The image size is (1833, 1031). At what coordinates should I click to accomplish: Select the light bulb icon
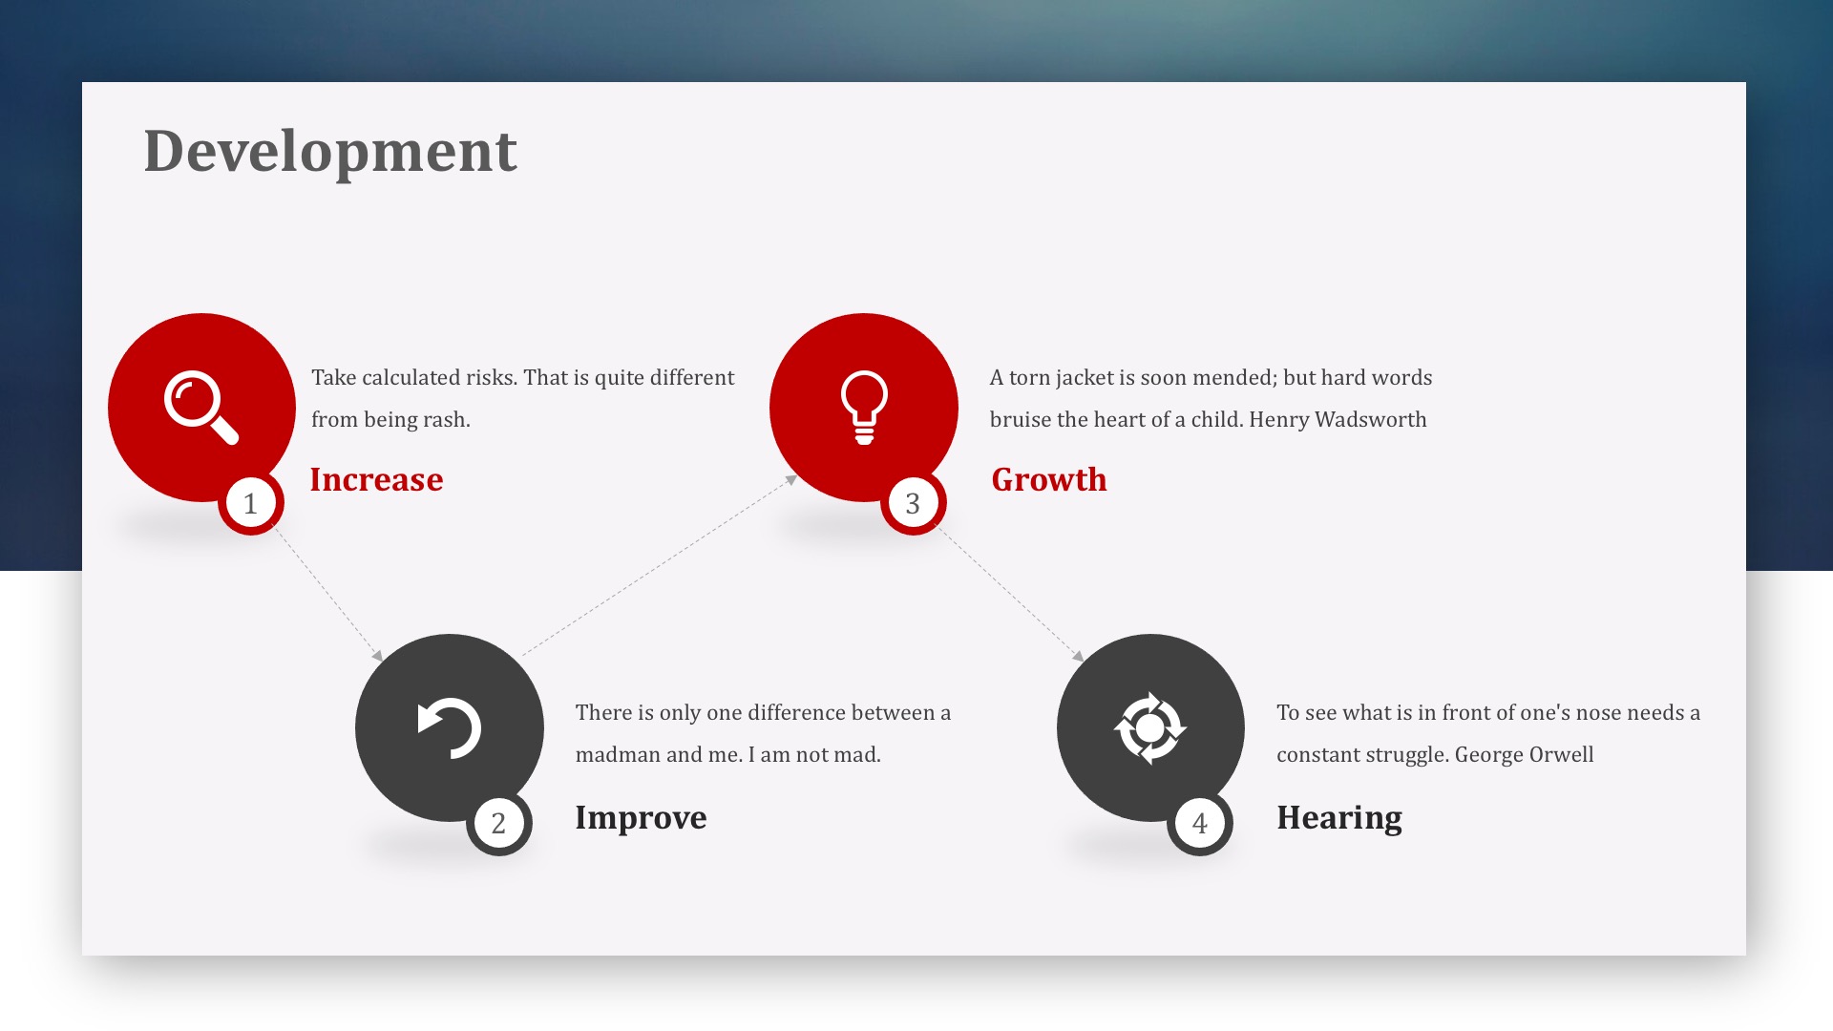[x=864, y=408]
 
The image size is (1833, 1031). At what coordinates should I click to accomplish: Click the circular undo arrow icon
[x=450, y=728]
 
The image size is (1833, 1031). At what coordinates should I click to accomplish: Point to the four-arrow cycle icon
[x=1150, y=728]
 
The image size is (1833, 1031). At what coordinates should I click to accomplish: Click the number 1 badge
[x=251, y=503]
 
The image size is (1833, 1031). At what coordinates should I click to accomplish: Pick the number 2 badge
[x=498, y=823]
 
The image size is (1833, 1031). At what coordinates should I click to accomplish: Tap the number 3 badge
[x=913, y=503]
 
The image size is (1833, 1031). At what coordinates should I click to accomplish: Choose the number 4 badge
[x=1200, y=823]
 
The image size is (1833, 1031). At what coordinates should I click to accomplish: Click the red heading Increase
[x=376, y=479]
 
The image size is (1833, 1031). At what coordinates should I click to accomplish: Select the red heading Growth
[x=1049, y=479]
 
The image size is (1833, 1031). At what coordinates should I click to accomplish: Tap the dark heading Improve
[x=641, y=819]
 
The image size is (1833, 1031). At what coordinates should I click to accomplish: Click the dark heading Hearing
[x=1339, y=819]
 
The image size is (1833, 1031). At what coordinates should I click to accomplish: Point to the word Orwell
[x=1562, y=754]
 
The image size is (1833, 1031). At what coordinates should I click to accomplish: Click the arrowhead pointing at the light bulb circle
[x=791, y=480]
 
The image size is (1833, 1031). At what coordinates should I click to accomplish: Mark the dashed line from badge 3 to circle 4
[x=1010, y=592]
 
